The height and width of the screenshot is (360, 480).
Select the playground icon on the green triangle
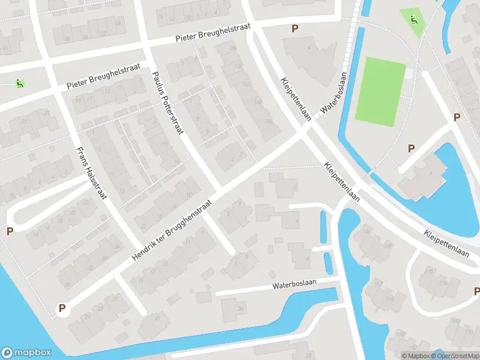point(413,19)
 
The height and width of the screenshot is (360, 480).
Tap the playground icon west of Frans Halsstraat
point(20,83)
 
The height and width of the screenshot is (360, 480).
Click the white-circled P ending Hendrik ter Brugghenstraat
point(61,309)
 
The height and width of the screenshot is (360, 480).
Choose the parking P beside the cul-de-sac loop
point(9,231)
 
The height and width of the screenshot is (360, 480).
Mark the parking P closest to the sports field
point(412,148)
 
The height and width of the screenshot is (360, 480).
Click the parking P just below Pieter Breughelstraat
point(295,28)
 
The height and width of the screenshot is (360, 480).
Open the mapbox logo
point(26,353)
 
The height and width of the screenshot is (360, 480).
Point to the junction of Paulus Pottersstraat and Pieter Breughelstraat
point(146,46)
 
